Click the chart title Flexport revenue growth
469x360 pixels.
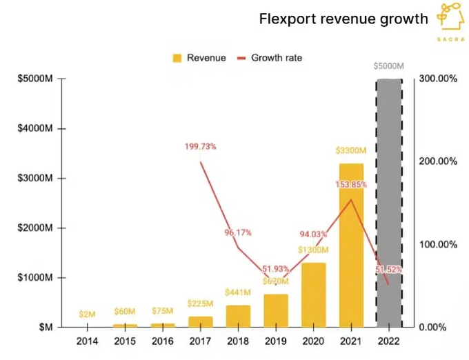click(x=343, y=19)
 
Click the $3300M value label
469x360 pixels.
click(x=351, y=151)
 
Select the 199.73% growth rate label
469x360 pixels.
click(x=200, y=146)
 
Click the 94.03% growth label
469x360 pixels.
click(x=313, y=234)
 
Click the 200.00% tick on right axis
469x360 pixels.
click(x=438, y=161)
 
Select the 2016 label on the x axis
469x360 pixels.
click(x=163, y=341)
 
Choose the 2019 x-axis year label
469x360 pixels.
click(x=276, y=341)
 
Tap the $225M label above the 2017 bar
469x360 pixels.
click(x=200, y=303)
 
